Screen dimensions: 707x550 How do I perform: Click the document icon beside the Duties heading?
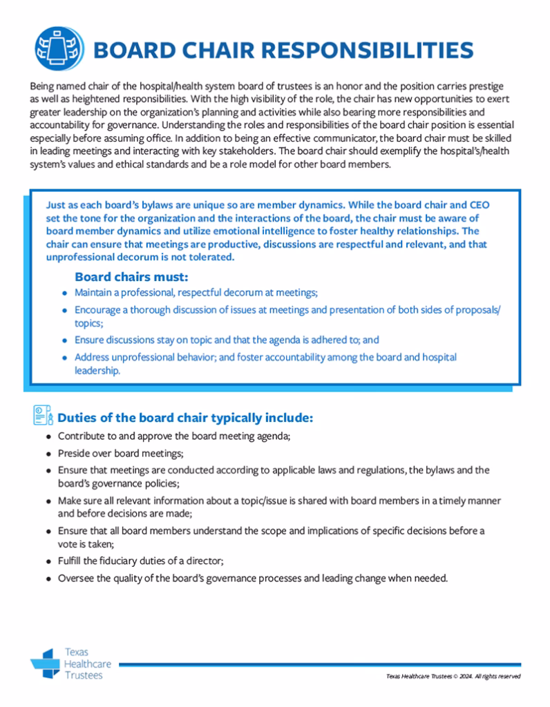coord(42,417)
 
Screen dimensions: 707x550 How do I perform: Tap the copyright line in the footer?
coord(453,676)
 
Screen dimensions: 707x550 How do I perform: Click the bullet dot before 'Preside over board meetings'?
coord(48,454)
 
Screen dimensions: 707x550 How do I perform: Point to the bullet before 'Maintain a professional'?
coord(64,293)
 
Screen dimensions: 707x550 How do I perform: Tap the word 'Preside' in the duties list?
coord(75,453)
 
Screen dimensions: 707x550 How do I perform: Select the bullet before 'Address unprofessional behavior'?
coord(64,358)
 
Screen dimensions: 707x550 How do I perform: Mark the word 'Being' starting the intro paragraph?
coord(42,89)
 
